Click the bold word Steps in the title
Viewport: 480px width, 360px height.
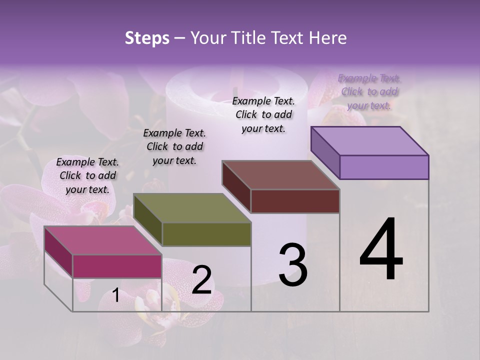click(x=147, y=38)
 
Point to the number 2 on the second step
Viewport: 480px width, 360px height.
click(x=201, y=280)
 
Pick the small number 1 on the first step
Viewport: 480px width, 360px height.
click(x=115, y=295)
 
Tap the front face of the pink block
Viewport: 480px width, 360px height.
click(x=117, y=266)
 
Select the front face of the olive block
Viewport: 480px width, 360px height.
click(x=206, y=234)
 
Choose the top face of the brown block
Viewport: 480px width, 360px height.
click(x=280, y=175)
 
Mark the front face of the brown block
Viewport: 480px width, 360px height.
click(x=295, y=201)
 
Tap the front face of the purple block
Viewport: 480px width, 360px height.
click(x=384, y=167)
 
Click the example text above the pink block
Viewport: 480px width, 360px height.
click(x=87, y=175)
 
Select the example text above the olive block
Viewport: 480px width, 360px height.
click(x=174, y=146)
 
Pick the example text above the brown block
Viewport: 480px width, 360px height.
click(x=263, y=114)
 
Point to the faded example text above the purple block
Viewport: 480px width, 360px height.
click(x=369, y=91)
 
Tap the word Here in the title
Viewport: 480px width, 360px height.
click(x=328, y=38)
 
